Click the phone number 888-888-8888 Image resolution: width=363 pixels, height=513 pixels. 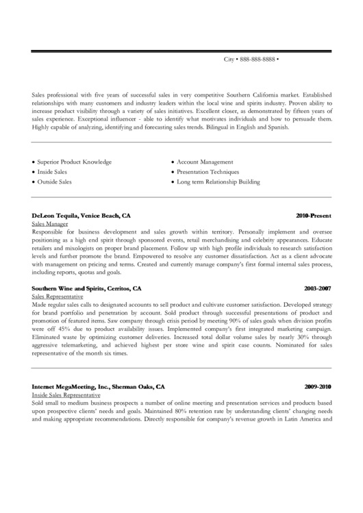pyautogui.click(x=258, y=60)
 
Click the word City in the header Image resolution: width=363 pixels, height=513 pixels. pyautogui.click(x=229, y=60)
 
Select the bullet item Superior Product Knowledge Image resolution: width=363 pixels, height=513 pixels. pyautogui.click(x=74, y=162)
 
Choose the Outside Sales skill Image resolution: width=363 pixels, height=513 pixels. pyautogui.click(x=54, y=182)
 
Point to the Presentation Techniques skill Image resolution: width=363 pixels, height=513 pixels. pyautogui.click(x=208, y=172)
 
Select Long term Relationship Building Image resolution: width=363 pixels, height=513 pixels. pyautogui.click(x=218, y=182)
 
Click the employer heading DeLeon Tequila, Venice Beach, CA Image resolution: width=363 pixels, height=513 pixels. pyautogui.click(x=81, y=215)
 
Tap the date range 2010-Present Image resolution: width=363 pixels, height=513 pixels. pyautogui.click(x=314, y=215)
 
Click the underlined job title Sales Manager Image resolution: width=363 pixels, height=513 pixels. pyautogui.click(x=50, y=224)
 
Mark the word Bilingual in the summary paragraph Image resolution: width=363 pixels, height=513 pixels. pyautogui.click(x=245, y=127)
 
